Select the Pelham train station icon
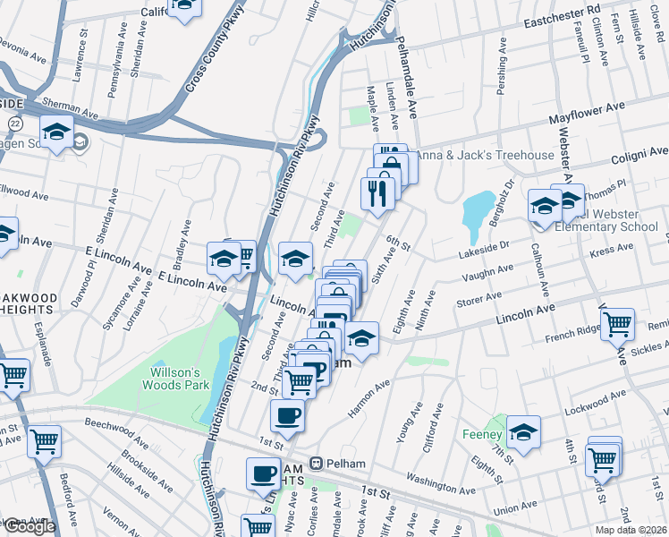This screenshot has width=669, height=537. click(315, 463)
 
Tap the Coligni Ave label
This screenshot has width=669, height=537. click(639, 153)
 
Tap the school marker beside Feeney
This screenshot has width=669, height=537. click(523, 432)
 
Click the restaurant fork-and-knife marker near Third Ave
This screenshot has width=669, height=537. click(377, 192)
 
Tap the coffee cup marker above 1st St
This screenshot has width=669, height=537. click(287, 414)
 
